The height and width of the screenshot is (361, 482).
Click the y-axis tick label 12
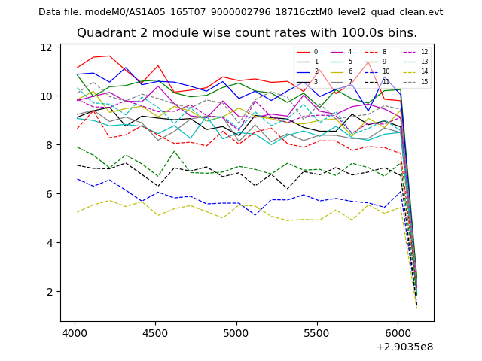click(46, 47)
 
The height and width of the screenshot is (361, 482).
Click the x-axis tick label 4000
click(75, 332)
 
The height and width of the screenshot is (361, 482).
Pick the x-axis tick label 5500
click(317, 332)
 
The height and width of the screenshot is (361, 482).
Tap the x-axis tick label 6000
click(398, 332)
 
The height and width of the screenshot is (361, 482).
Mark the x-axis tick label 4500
click(155, 332)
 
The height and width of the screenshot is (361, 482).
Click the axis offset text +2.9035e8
click(404, 347)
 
